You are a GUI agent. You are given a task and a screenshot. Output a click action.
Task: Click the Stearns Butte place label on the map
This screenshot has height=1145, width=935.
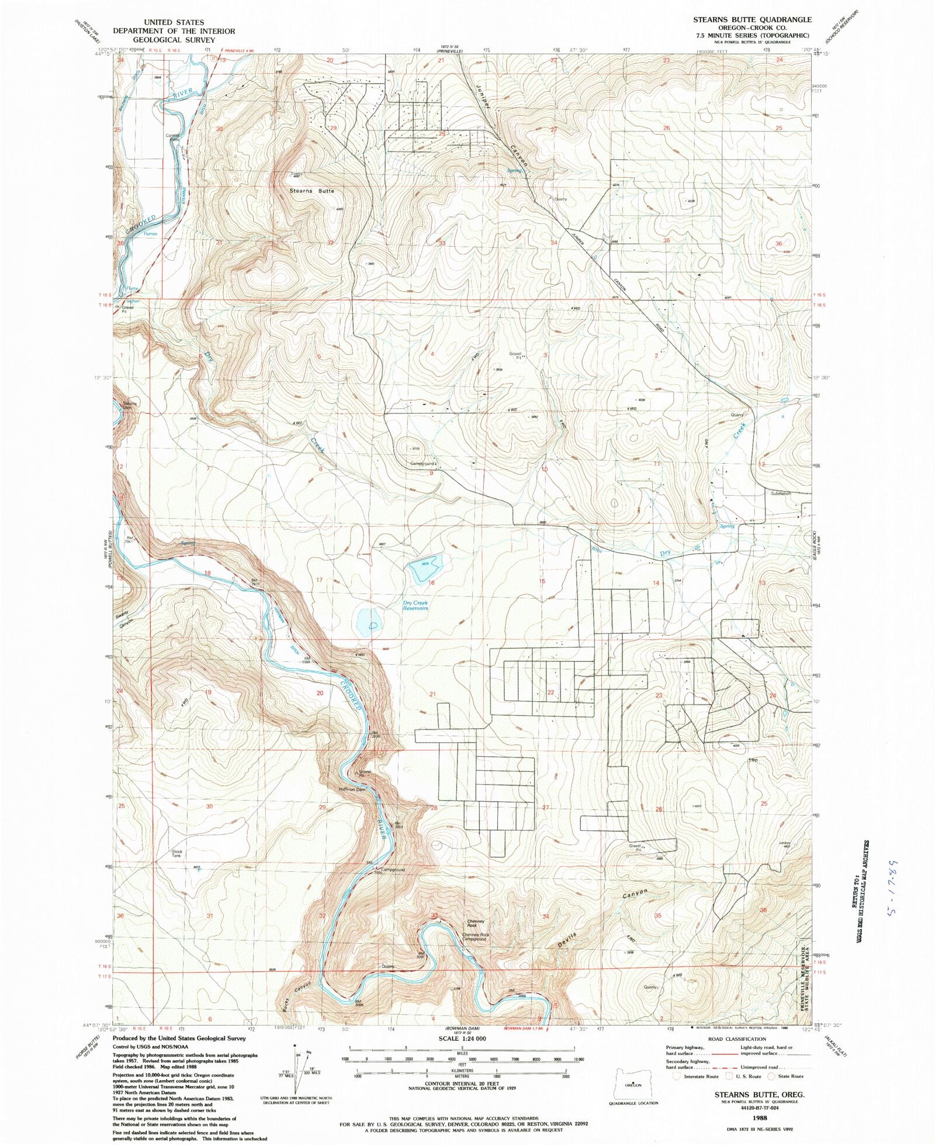pos(312,191)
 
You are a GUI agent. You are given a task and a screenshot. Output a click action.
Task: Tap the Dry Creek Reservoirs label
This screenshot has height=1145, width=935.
pos(415,606)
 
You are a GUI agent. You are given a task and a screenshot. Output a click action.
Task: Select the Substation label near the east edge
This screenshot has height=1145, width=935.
pos(780,494)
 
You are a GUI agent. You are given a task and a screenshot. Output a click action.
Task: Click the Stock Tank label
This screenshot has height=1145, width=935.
pos(176,854)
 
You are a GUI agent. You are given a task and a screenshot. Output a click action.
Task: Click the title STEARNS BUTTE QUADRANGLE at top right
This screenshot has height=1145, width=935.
pos(752,20)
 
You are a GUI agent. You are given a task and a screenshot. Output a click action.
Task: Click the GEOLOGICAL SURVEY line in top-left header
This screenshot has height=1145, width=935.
pos(174,40)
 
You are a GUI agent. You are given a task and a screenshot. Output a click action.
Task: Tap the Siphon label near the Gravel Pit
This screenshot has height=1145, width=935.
pos(133,301)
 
